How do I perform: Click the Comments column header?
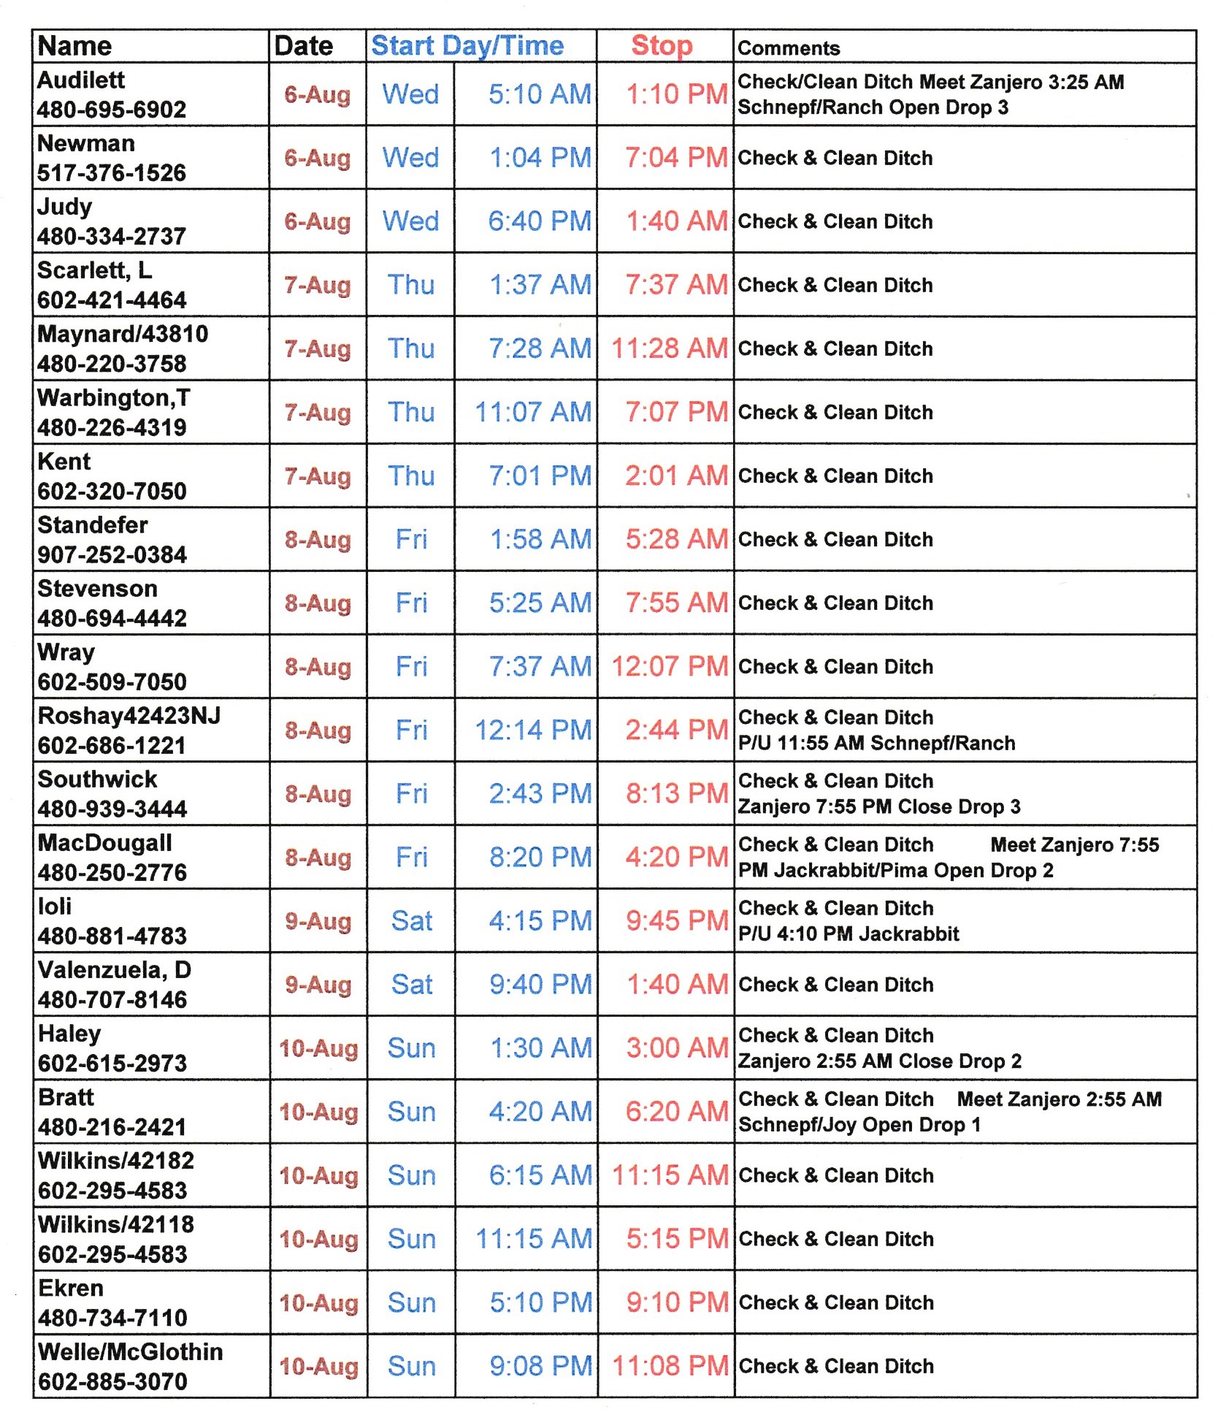tap(789, 48)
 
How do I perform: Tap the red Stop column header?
tap(662, 45)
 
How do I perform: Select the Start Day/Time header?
tap(467, 45)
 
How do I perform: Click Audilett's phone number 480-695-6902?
tap(112, 110)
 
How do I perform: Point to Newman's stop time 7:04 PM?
tap(676, 158)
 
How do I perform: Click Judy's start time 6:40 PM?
tap(540, 221)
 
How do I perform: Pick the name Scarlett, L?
tap(95, 270)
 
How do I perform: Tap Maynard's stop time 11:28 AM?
tap(670, 348)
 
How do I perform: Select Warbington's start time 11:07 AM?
tap(533, 412)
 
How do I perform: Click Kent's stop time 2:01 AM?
tap(676, 476)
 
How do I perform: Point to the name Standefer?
tap(93, 524)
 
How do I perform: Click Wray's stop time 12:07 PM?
tap(670, 666)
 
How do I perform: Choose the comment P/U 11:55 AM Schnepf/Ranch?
tap(876, 743)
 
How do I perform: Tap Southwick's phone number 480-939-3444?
tap(112, 809)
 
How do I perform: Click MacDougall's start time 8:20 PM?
tap(540, 857)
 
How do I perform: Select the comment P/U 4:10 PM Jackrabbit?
tap(849, 934)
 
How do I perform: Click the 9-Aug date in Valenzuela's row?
tap(318, 985)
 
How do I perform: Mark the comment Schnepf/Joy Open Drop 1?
tap(859, 1124)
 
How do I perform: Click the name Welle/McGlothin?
tap(131, 1351)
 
